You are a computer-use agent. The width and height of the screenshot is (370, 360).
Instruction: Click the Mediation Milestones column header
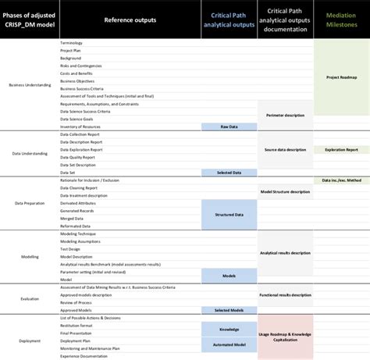point(341,20)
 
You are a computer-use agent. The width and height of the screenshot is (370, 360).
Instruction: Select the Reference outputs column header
point(129,20)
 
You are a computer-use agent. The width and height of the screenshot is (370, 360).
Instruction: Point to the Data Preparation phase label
point(29,203)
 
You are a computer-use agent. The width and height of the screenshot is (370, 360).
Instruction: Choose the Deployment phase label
point(29,340)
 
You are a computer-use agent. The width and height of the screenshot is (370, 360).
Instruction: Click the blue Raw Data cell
point(228,126)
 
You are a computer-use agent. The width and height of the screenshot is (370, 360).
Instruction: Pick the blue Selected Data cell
point(228,173)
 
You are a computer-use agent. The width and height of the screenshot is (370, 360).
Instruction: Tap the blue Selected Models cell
point(228,310)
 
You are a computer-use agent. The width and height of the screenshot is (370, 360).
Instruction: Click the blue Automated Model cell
point(228,344)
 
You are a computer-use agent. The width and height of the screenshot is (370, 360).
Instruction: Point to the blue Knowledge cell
point(228,330)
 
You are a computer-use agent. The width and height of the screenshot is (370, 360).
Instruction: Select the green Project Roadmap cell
point(341,77)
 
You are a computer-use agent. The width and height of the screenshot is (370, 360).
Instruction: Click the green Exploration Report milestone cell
point(341,149)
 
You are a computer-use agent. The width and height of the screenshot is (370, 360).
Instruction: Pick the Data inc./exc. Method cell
point(341,180)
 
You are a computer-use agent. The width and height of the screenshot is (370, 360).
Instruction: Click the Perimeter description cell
point(285,115)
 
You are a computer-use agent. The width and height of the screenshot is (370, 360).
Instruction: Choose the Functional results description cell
point(285,295)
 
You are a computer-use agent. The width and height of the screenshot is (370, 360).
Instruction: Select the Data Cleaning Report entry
point(79,187)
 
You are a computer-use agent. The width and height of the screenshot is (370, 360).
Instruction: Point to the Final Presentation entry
point(76,332)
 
